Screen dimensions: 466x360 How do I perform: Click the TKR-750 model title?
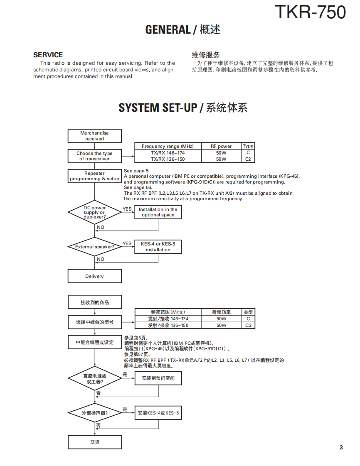310,12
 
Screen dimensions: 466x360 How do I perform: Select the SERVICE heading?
48,55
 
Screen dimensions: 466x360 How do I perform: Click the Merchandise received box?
94,136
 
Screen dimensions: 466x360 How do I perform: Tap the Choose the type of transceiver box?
94,156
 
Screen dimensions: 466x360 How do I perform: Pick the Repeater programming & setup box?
94,176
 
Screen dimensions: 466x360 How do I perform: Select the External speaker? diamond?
94,247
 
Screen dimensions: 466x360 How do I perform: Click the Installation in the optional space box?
158,212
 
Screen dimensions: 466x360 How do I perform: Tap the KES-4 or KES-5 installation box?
158,247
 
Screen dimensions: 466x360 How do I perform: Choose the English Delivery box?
94,276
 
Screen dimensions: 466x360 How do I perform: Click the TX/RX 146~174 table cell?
168,153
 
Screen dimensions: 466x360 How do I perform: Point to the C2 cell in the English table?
248,159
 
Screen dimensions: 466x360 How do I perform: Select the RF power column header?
221,146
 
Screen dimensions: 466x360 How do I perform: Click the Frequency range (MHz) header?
168,146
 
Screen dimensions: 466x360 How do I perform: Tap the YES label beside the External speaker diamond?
127,244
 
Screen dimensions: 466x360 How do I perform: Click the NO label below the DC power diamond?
101,227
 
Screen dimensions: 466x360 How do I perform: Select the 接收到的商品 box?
94,302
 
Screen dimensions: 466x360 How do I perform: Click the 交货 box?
94,442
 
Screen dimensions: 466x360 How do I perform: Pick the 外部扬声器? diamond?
94,413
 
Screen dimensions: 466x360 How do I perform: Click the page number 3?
341,447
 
